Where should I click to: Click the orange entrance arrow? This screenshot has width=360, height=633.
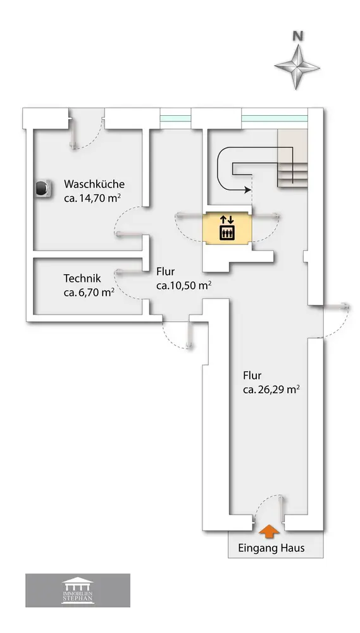[269, 531]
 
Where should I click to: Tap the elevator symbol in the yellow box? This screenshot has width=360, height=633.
[227, 233]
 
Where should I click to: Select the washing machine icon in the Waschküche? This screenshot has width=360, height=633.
[43, 189]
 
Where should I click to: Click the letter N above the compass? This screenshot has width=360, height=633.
[298, 36]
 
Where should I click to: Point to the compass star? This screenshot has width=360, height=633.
[297, 67]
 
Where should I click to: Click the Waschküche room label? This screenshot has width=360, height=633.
[94, 184]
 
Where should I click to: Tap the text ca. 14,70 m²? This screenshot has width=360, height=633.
[93, 198]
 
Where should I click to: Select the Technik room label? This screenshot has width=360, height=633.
[82, 279]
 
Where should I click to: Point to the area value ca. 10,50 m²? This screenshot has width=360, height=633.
[185, 285]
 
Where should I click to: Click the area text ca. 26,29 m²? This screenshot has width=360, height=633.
[271, 389]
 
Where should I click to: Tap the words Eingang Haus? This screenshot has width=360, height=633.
[271, 548]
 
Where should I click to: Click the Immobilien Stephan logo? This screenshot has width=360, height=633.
[78, 591]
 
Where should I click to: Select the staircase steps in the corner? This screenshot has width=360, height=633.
[292, 158]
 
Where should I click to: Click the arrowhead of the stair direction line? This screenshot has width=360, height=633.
[247, 189]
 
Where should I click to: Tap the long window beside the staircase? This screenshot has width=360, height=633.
[275, 119]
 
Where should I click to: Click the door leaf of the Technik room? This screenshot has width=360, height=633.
[130, 272]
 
